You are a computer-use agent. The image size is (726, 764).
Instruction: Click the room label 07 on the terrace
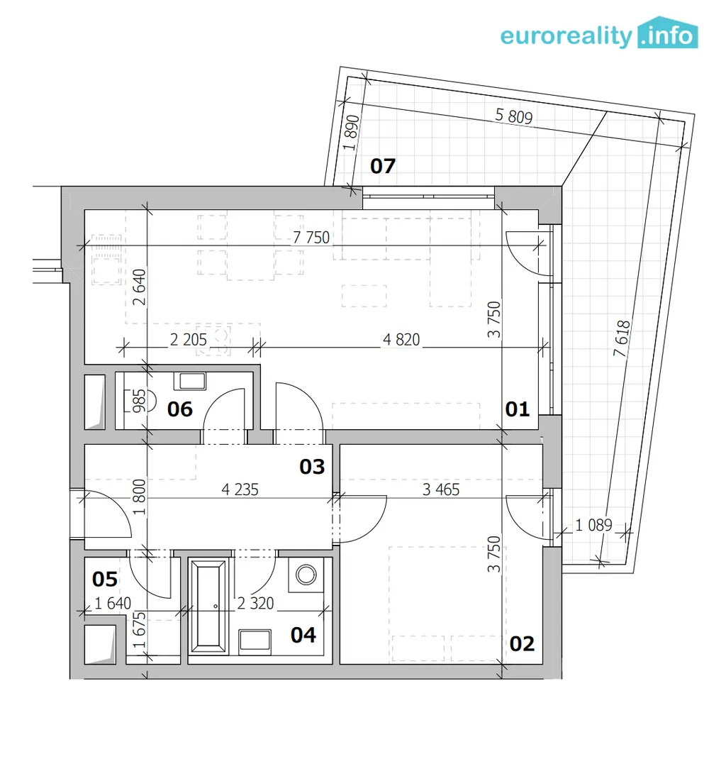click(x=383, y=166)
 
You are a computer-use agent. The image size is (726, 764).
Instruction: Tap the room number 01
click(x=517, y=409)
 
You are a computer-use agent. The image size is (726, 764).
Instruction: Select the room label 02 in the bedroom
click(x=522, y=644)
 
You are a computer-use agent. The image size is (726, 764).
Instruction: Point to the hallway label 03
click(x=312, y=467)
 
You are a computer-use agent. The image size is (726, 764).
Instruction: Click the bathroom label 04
click(x=303, y=636)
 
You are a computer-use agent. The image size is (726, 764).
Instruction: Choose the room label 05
click(x=105, y=580)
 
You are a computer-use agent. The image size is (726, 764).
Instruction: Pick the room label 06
click(x=179, y=409)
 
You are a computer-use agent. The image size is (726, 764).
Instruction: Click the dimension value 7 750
click(x=312, y=238)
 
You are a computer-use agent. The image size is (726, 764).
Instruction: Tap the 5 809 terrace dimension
click(x=514, y=116)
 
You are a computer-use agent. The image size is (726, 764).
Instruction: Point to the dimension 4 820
click(x=401, y=340)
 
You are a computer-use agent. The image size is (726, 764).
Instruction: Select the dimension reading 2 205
click(x=189, y=340)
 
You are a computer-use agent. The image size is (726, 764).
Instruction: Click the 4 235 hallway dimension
click(x=240, y=489)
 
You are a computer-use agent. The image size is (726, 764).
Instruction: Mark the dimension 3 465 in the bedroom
click(x=441, y=489)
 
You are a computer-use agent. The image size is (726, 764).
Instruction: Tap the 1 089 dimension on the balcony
click(x=593, y=525)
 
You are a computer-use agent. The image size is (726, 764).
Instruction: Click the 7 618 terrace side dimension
click(x=622, y=338)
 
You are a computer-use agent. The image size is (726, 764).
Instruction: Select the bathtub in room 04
click(x=209, y=607)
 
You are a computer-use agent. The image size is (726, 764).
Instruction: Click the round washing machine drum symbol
click(x=306, y=575)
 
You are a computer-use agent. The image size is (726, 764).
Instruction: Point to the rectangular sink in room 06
click(x=192, y=381)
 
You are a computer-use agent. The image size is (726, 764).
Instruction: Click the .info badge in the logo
click(x=668, y=33)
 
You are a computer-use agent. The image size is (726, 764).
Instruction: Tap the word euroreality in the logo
click(x=566, y=36)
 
